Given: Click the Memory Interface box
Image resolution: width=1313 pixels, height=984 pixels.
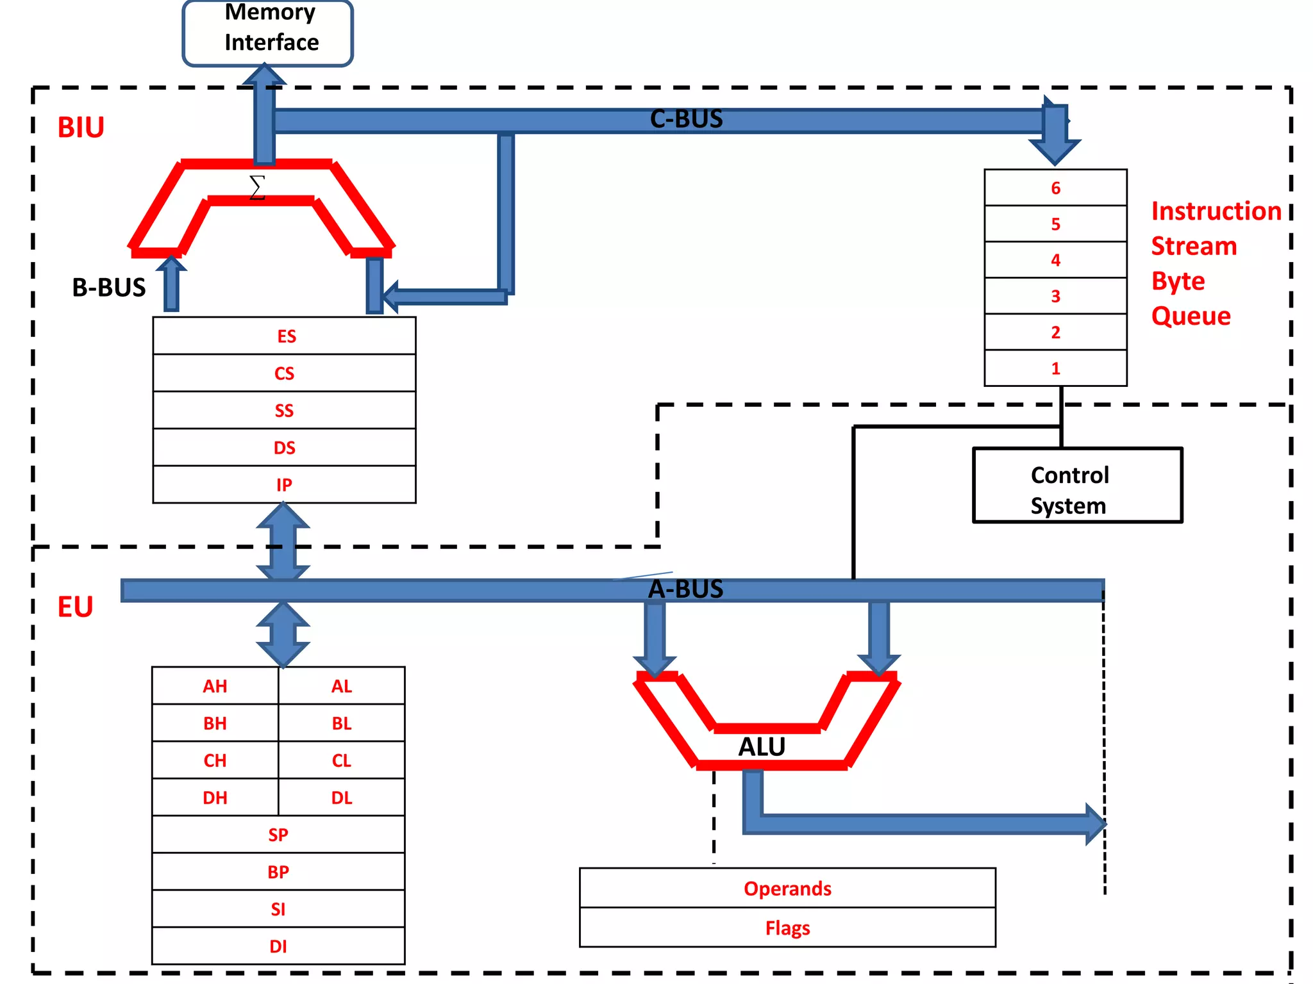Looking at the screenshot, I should pyautogui.click(x=268, y=32).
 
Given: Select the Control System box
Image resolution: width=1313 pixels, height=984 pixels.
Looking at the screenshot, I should pyautogui.click(x=1077, y=486).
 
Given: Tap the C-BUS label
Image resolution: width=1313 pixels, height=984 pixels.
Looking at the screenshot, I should pyautogui.click(x=686, y=119).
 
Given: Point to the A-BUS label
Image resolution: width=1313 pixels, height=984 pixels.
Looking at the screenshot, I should pyautogui.click(x=685, y=589).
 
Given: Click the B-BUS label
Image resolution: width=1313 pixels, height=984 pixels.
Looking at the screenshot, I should pyautogui.click(x=109, y=288).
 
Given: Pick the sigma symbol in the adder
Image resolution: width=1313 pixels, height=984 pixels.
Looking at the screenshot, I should pyautogui.click(x=257, y=187).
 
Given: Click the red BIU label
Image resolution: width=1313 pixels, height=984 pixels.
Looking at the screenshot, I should pyautogui.click(x=81, y=127).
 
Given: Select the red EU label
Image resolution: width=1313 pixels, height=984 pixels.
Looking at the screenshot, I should pyautogui.click(x=75, y=607).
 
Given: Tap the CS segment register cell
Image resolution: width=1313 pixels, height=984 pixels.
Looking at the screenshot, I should pyautogui.click(x=284, y=373).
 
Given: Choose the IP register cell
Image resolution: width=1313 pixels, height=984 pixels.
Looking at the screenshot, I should pyautogui.click(x=284, y=485).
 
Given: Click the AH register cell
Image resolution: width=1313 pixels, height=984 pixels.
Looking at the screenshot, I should pyautogui.click(x=215, y=686).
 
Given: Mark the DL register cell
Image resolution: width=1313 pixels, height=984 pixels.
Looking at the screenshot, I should pyautogui.click(x=341, y=798).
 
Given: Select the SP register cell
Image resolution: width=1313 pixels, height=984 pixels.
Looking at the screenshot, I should pyautogui.click(x=278, y=835).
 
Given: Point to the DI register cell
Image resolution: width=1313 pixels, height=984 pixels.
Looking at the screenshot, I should pyautogui.click(x=278, y=946).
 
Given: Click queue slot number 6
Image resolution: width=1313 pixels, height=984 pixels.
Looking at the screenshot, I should pyautogui.click(x=1055, y=188).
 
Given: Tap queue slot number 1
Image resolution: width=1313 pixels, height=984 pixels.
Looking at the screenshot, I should pyautogui.click(x=1055, y=368).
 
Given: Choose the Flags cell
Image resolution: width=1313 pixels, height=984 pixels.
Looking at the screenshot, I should pyautogui.click(x=787, y=928).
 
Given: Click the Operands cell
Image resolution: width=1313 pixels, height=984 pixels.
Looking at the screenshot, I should pyautogui.click(x=787, y=889).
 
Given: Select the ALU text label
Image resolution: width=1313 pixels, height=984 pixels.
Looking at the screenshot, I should pyautogui.click(x=762, y=747).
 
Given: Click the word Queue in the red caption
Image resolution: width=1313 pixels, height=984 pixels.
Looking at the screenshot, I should pyautogui.click(x=1191, y=316).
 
